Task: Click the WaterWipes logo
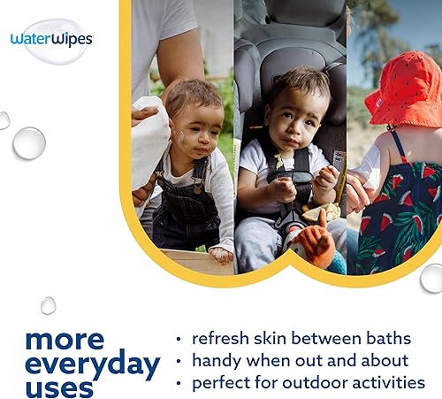point(51,40)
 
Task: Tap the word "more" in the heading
point(65,339)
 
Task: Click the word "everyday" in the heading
point(93,363)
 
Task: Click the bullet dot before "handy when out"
point(179,362)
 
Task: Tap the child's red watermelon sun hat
point(407,88)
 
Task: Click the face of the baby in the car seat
point(297,115)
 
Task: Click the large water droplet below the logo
point(29,143)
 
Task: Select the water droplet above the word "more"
point(49,305)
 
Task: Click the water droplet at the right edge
point(431,277)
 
